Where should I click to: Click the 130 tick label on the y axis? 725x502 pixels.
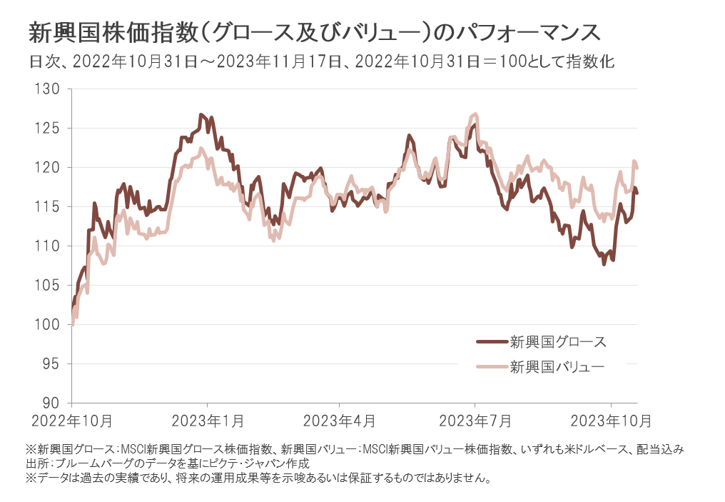(51, 89)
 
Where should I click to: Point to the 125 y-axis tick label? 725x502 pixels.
(51, 129)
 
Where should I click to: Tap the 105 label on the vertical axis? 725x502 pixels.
(51, 286)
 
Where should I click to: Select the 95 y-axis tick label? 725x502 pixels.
(54, 364)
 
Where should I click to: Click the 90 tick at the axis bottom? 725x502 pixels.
(54, 403)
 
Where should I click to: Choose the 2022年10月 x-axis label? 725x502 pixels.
(71, 421)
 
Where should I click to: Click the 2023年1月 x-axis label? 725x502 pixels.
(208, 421)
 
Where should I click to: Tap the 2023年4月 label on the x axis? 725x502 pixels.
(340, 421)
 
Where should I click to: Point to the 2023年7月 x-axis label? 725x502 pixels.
(475, 421)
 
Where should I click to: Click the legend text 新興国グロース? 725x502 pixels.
(557, 341)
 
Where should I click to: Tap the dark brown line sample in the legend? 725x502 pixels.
(490, 341)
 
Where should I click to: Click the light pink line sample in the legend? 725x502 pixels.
(490, 368)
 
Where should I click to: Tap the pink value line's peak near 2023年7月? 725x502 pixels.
(475, 114)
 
